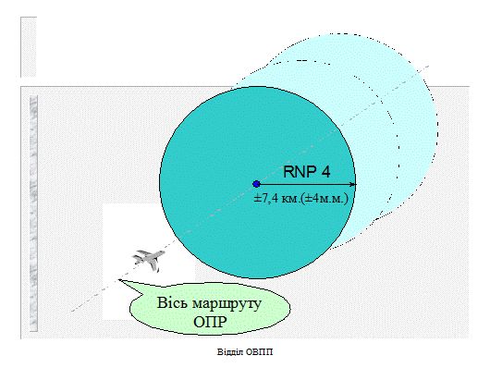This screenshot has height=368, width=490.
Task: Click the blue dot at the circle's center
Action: [257, 184]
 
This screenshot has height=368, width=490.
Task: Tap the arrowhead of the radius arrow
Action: [353, 184]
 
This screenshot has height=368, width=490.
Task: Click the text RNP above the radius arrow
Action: [298, 172]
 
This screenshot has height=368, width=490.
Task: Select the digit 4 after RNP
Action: [325, 172]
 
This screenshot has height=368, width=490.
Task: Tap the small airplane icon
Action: [148, 260]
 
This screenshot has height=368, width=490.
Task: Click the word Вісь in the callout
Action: [172, 302]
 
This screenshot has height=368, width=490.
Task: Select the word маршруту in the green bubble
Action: [227, 304]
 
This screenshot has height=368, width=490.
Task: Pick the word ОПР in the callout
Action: [210, 322]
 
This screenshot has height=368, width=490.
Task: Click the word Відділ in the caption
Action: [230, 352]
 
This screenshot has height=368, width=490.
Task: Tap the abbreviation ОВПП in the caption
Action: [259, 352]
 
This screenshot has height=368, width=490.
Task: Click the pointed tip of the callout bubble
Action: [118, 279]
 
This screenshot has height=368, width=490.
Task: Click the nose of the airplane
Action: [163, 252]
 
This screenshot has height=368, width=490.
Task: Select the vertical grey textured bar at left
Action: [33, 214]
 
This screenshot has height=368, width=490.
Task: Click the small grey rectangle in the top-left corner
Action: [29, 47]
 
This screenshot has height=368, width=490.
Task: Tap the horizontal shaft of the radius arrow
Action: [305, 184]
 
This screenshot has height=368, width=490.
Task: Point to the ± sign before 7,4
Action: [257, 199]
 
